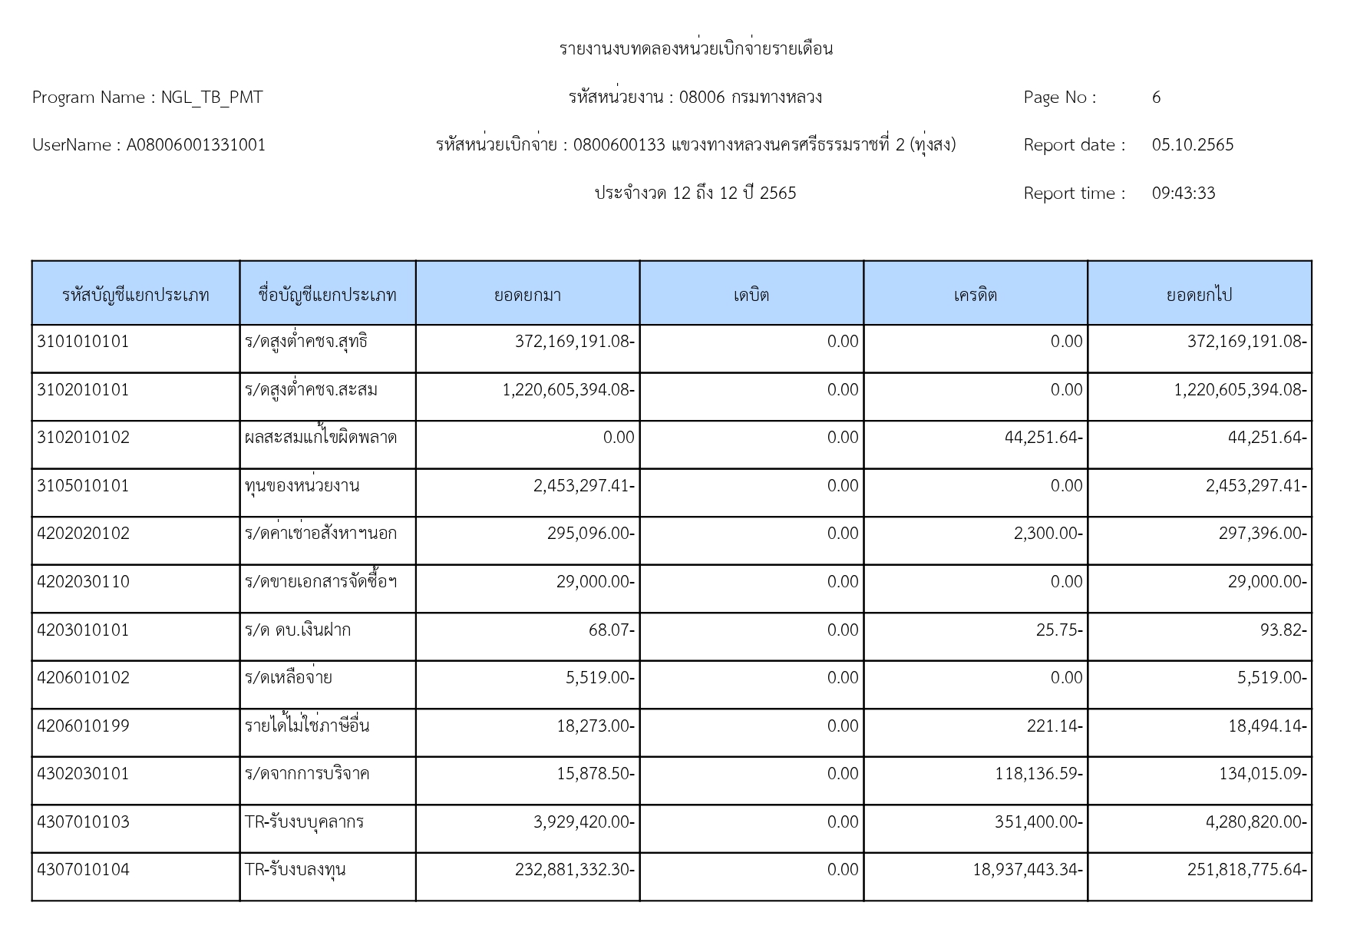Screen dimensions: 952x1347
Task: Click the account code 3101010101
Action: click(83, 342)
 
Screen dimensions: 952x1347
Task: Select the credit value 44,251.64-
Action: click(1043, 438)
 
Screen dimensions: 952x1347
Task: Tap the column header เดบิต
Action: click(751, 295)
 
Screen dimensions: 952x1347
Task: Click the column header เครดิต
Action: click(975, 295)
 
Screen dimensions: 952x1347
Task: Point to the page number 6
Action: click(1156, 98)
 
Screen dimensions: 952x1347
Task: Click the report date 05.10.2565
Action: click(1192, 145)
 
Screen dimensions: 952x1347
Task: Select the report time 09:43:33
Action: click(1183, 193)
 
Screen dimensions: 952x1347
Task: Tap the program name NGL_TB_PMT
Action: click(211, 98)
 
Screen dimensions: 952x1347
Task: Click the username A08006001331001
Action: click(196, 145)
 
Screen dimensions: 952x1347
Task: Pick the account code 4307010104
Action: click(83, 870)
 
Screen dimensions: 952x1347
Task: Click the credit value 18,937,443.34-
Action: click(1027, 870)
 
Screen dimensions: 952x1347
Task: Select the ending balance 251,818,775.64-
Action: click(1246, 870)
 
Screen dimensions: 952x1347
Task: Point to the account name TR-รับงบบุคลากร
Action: click(304, 822)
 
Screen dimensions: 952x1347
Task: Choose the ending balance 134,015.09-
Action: click(1262, 774)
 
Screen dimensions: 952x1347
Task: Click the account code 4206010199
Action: click(83, 726)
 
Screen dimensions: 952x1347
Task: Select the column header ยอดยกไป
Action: click(1199, 295)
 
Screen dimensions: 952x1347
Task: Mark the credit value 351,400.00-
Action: click(1038, 822)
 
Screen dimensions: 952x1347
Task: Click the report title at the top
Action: click(695, 49)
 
